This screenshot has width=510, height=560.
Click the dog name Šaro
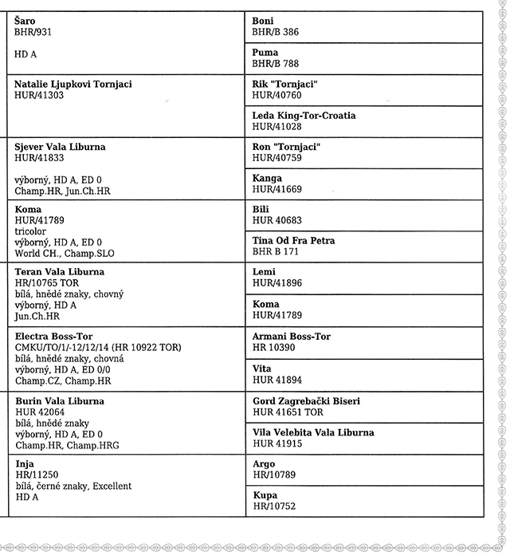[25, 21]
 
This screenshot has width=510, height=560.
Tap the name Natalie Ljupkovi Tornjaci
[73, 84]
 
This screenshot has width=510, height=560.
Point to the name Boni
[263, 21]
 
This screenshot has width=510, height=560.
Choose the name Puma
[265, 53]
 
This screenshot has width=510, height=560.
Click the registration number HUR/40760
[277, 95]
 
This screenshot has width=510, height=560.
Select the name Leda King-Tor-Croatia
[304, 116]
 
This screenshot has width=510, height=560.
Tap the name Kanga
[267, 179]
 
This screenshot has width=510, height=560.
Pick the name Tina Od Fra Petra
[293, 241]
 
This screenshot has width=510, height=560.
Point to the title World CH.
[37, 254]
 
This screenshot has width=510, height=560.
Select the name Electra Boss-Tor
[54, 337]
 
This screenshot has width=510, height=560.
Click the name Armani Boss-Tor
[291, 337]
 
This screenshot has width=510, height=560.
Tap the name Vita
[262, 369]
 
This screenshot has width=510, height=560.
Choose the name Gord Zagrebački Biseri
[306, 401]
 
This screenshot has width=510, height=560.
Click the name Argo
[264, 464]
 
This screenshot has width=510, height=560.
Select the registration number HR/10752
[274, 507]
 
